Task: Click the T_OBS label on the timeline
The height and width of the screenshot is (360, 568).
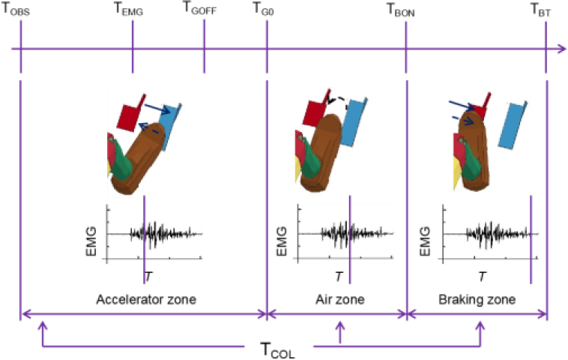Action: point(16,9)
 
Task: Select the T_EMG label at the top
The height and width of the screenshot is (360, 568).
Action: point(129,9)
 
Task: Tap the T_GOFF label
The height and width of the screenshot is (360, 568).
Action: point(199,8)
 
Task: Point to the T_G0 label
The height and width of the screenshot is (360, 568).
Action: point(263,8)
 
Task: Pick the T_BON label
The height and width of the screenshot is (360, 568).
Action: point(401,10)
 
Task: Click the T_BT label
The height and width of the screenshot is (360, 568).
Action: point(540,10)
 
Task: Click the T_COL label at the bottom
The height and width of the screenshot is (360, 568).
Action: point(277,349)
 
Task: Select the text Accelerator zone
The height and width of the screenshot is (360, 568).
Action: point(146,299)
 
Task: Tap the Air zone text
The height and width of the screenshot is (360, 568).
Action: point(339,299)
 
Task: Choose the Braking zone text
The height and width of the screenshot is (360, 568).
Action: point(477,299)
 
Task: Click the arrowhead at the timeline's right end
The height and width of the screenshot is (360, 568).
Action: point(561,49)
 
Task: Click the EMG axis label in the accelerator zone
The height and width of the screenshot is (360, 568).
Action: point(91,241)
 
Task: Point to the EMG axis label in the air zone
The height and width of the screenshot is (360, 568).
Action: point(282,241)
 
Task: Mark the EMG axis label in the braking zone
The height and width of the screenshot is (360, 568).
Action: point(425,241)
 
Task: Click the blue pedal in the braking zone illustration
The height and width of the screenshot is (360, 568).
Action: point(513,125)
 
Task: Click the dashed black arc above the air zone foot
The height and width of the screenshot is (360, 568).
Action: point(338,100)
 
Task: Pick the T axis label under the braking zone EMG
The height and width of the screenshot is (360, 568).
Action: point(482,277)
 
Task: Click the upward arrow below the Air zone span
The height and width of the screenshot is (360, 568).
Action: point(339,332)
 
